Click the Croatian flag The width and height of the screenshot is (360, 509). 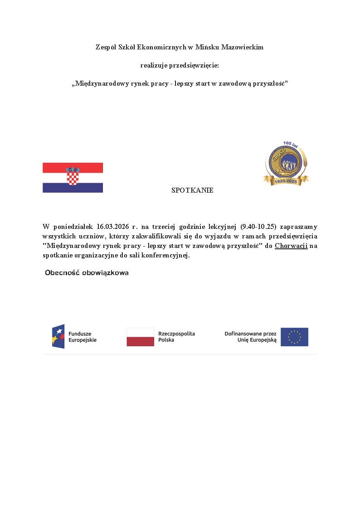point(73,178)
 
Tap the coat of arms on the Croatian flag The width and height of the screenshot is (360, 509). point(73,176)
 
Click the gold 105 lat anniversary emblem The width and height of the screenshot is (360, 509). point(286,163)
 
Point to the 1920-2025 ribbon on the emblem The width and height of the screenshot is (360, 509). point(286,181)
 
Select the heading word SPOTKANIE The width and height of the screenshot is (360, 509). point(192,191)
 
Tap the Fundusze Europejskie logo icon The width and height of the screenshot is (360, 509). point(58,336)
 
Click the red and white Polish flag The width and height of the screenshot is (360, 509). point(140,337)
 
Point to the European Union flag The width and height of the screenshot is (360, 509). point(294,337)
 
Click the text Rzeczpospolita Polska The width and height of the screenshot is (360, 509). point(176,337)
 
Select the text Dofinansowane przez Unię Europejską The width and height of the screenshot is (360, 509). point(250,337)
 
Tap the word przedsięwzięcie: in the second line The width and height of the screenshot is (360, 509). point(194,65)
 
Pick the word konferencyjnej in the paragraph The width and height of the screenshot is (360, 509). point(166,255)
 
